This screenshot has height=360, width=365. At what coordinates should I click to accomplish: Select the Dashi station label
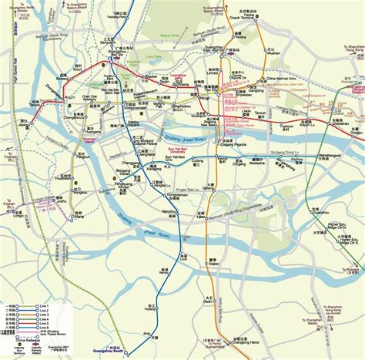click(209, 302)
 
